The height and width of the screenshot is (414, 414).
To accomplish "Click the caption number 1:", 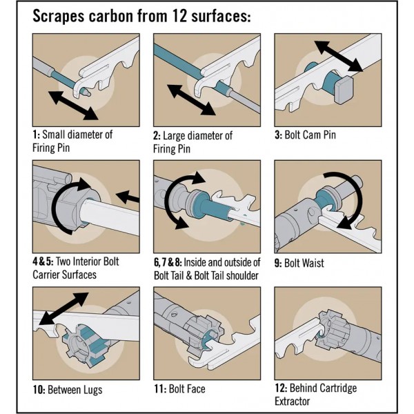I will tap(36, 134).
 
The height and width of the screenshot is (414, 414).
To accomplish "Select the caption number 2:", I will tap(157, 135).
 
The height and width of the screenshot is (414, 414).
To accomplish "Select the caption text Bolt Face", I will tap(188, 390).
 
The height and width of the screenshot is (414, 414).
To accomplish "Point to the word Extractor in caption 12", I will tap(293, 401).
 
